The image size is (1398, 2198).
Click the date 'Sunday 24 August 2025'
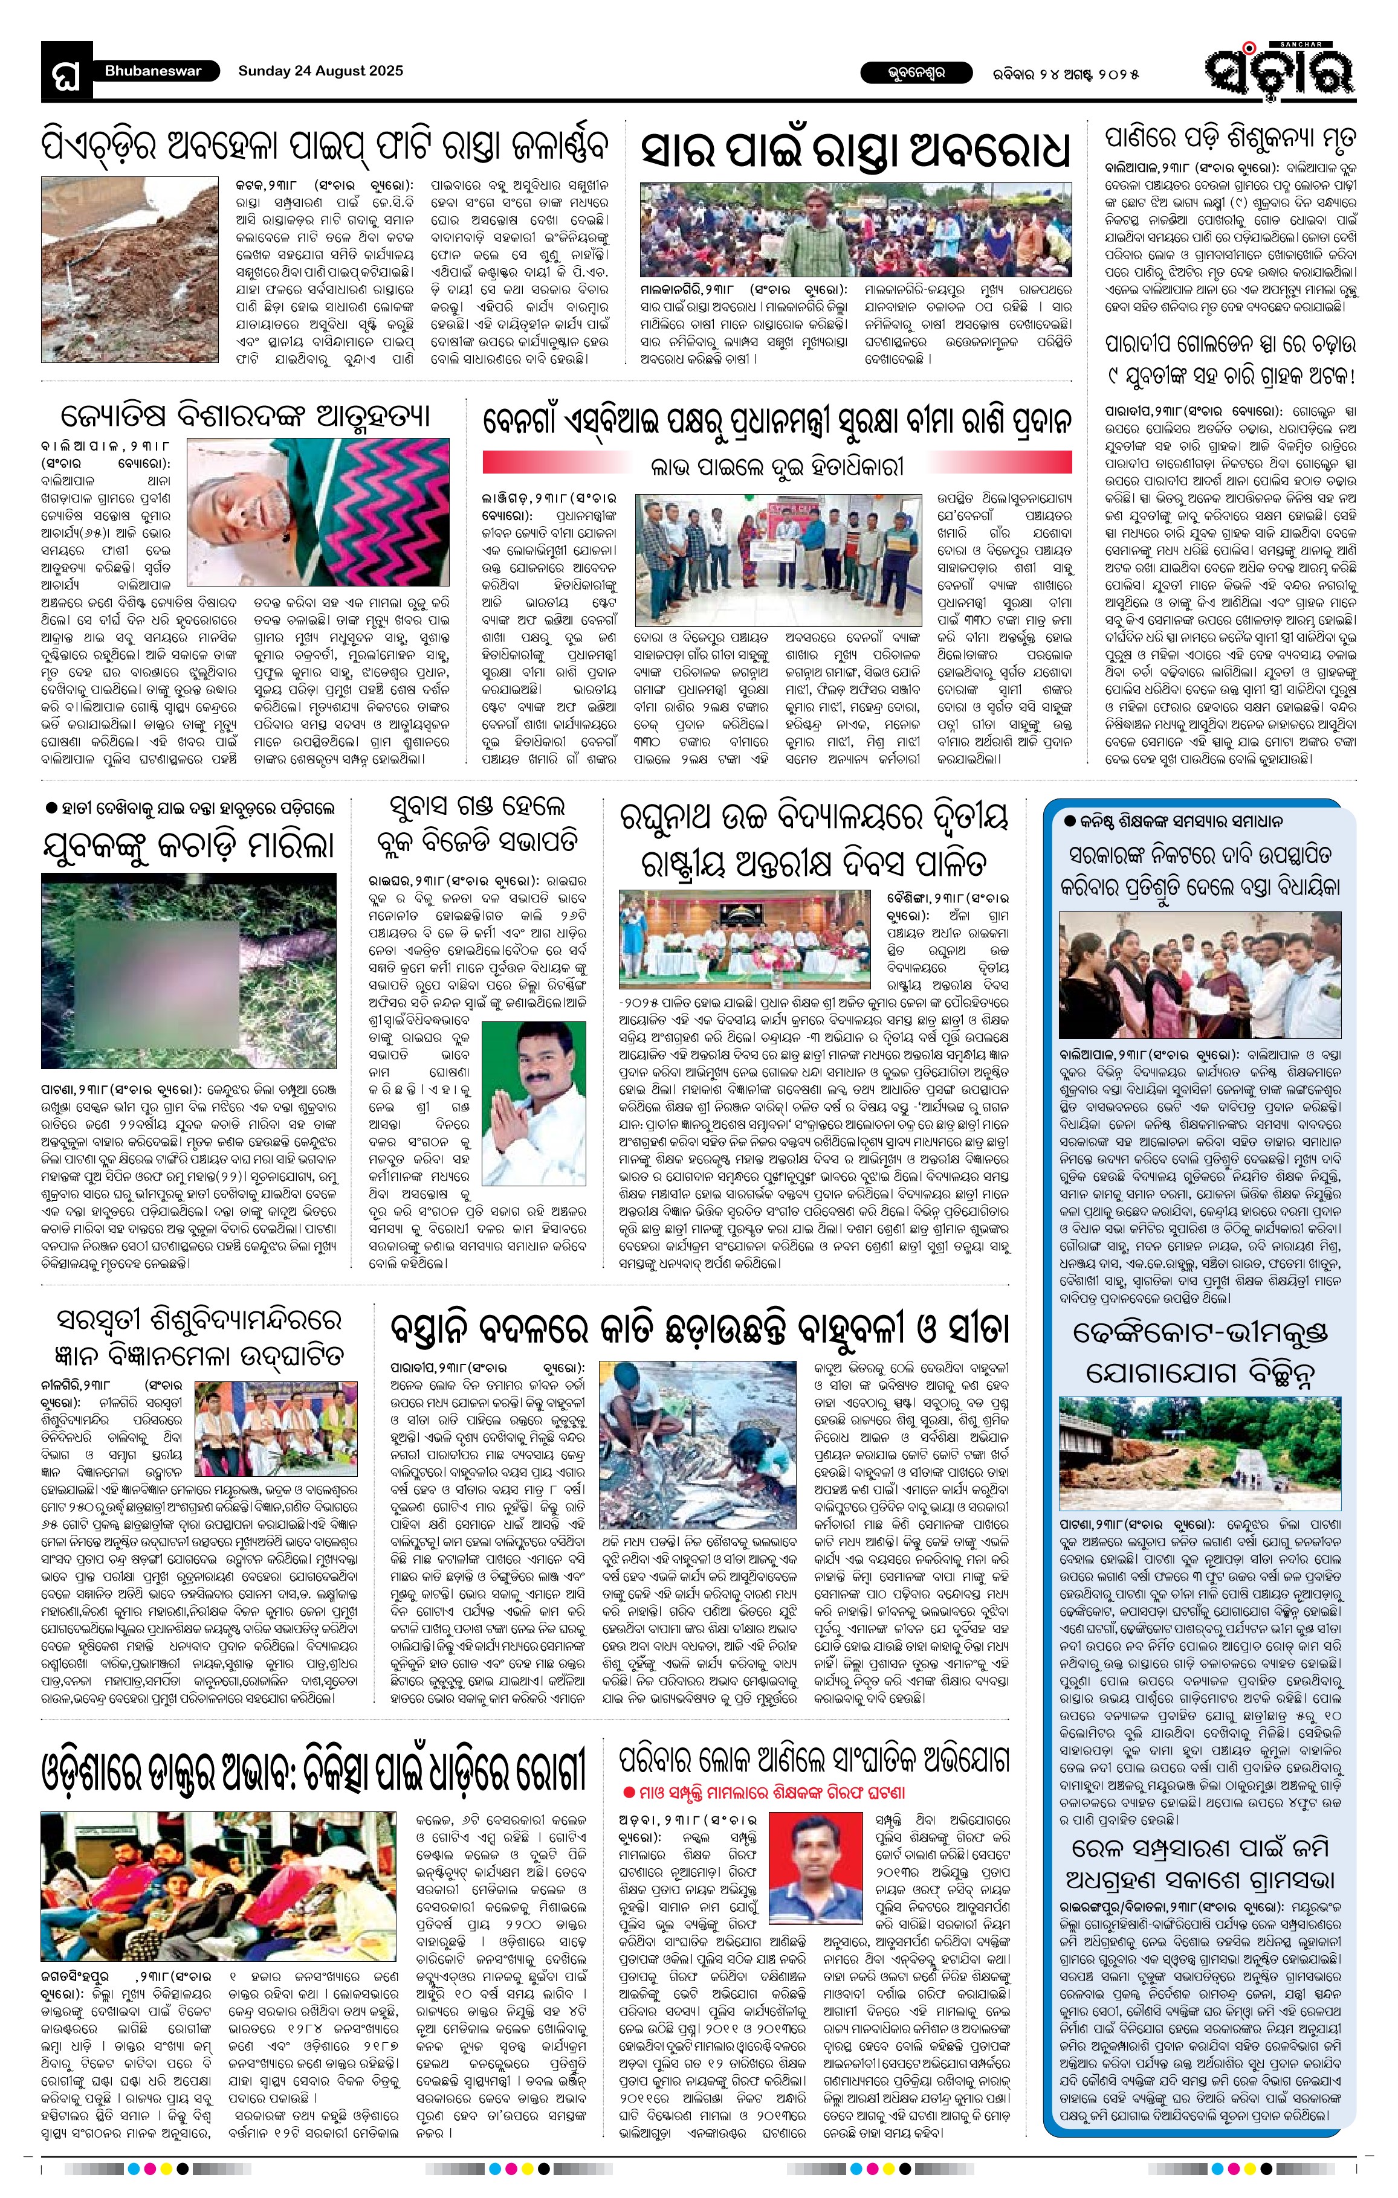pyautogui.click(x=320, y=71)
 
